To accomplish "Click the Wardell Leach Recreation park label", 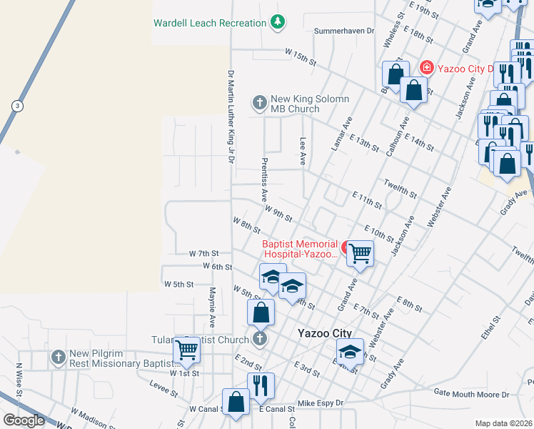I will click(x=210, y=23).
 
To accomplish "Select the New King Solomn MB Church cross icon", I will click(x=259, y=104).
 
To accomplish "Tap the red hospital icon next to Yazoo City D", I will click(x=427, y=68).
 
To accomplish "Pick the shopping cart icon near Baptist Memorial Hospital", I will click(x=361, y=252).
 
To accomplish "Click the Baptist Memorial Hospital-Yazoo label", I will click(x=300, y=249).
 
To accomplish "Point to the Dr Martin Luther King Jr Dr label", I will click(x=231, y=117).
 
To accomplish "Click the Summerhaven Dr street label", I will click(x=344, y=31).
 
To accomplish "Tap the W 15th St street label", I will click(x=301, y=56).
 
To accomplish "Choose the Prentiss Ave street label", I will click(x=264, y=179).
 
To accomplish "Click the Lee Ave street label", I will click(x=303, y=152).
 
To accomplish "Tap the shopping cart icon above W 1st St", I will click(x=186, y=350).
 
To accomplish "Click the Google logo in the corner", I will click(x=24, y=420).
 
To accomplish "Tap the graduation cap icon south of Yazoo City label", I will click(x=350, y=352).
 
